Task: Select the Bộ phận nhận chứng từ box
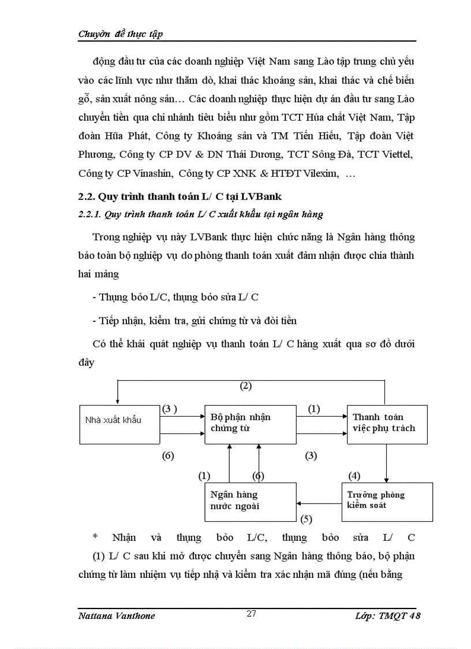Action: coord(249,424)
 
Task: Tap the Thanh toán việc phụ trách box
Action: coord(387,424)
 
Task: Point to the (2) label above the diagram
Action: coord(246,386)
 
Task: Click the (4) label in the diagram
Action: coord(354,476)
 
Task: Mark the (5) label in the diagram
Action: coord(306,519)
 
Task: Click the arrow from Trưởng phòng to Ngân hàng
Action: coord(319,502)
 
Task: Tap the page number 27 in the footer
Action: coord(251,614)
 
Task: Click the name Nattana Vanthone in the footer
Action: coord(116,615)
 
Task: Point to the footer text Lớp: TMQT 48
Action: coord(388,615)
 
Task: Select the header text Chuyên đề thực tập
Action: coord(121,34)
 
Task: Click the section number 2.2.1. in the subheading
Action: coord(89,214)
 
